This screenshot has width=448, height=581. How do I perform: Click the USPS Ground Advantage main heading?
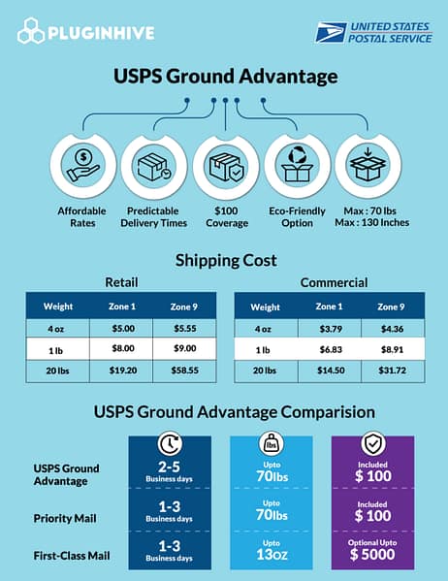point(224,75)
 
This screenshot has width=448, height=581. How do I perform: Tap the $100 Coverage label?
point(224,215)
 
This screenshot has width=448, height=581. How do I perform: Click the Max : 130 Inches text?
point(368,222)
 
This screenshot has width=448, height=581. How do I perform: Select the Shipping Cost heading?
point(224,260)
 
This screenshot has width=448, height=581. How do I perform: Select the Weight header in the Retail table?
point(58,307)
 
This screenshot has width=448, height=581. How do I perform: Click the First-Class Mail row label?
point(71,557)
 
